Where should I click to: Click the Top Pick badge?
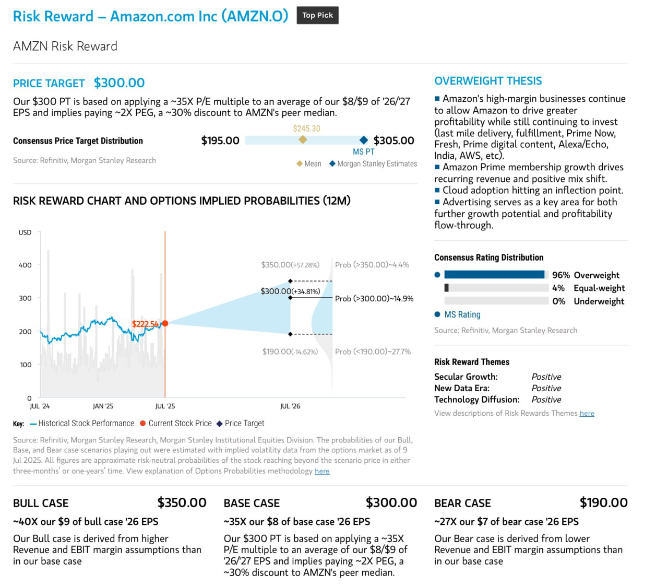[x=317, y=15]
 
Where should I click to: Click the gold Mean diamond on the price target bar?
[x=303, y=139]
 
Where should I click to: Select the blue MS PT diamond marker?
[x=363, y=140]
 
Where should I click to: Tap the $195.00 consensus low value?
[x=220, y=141]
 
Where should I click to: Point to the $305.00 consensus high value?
[x=393, y=141]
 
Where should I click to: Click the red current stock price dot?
[x=165, y=323]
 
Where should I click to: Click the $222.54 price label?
[x=145, y=324]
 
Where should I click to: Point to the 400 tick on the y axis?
[x=25, y=265]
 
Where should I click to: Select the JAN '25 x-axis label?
[x=103, y=406]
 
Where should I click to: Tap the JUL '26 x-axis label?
[x=290, y=406]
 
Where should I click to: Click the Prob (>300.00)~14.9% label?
[x=374, y=299]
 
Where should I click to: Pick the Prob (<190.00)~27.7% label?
[x=373, y=352]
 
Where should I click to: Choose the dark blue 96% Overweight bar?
[x=494, y=275]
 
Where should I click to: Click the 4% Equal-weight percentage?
[x=558, y=288]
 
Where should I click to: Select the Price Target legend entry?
[x=240, y=423]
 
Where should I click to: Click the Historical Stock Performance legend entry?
[x=82, y=423]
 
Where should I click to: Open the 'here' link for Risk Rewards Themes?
[x=587, y=414]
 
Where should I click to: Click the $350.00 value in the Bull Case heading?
[x=182, y=502]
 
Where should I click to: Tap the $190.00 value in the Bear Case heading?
[x=603, y=502]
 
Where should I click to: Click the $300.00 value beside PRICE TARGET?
[x=119, y=83]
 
